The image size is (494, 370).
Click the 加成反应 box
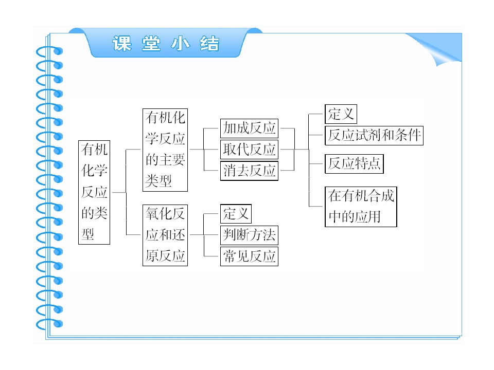click(x=249, y=128)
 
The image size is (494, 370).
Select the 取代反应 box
click(x=249, y=150)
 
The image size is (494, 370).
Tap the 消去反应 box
click(x=249, y=171)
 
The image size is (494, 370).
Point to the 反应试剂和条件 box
click(x=374, y=136)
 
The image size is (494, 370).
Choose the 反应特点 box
click(x=354, y=163)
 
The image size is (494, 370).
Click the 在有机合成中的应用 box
click(x=361, y=207)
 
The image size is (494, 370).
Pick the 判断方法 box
click(x=249, y=235)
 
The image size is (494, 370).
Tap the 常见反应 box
click(x=249, y=256)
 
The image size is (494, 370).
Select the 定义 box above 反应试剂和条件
click(x=341, y=114)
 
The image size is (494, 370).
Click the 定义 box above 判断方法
click(x=236, y=214)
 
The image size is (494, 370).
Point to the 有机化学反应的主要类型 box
click(x=165, y=150)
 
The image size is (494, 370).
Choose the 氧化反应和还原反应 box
click(x=165, y=235)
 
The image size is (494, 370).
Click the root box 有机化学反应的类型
click(x=94, y=192)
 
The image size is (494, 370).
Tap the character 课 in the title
click(x=122, y=43)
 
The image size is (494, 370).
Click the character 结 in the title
click(x=209, y=43)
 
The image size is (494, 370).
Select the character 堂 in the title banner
click(x=151, y=43)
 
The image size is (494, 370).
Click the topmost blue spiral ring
click(x=49, y=51)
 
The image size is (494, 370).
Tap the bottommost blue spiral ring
click(x=49, y=324)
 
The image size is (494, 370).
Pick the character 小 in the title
click(x=181, y=43)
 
